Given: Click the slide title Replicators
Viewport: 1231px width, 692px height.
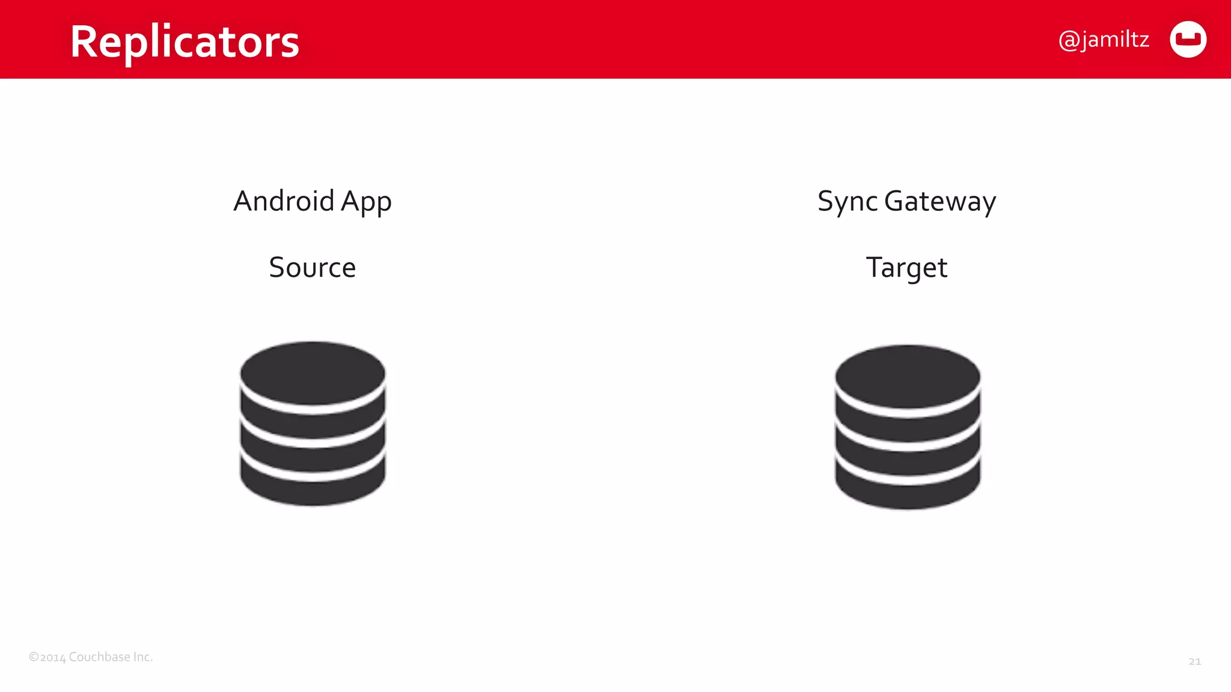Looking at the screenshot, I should point(185,41).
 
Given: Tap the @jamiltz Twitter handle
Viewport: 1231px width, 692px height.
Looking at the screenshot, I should point(1104,40).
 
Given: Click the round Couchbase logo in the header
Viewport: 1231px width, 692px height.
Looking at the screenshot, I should point(1188,40).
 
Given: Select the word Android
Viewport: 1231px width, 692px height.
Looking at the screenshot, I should point(284,201).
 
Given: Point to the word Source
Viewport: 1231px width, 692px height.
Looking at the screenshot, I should point(312,267).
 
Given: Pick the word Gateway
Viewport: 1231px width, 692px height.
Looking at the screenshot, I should point(940,202).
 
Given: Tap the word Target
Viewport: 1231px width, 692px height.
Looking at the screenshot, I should point(906,268).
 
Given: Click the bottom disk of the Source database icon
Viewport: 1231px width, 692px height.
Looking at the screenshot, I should point(313,488).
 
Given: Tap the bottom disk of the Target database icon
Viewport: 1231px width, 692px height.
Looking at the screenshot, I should point(908,491).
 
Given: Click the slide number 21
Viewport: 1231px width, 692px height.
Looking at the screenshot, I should point(1194,661).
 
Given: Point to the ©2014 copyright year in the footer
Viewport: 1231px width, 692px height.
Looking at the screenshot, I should point(47,657).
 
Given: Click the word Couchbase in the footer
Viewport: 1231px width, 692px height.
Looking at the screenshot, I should point(99,657).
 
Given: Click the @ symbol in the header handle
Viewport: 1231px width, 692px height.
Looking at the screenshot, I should point(1069,40).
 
